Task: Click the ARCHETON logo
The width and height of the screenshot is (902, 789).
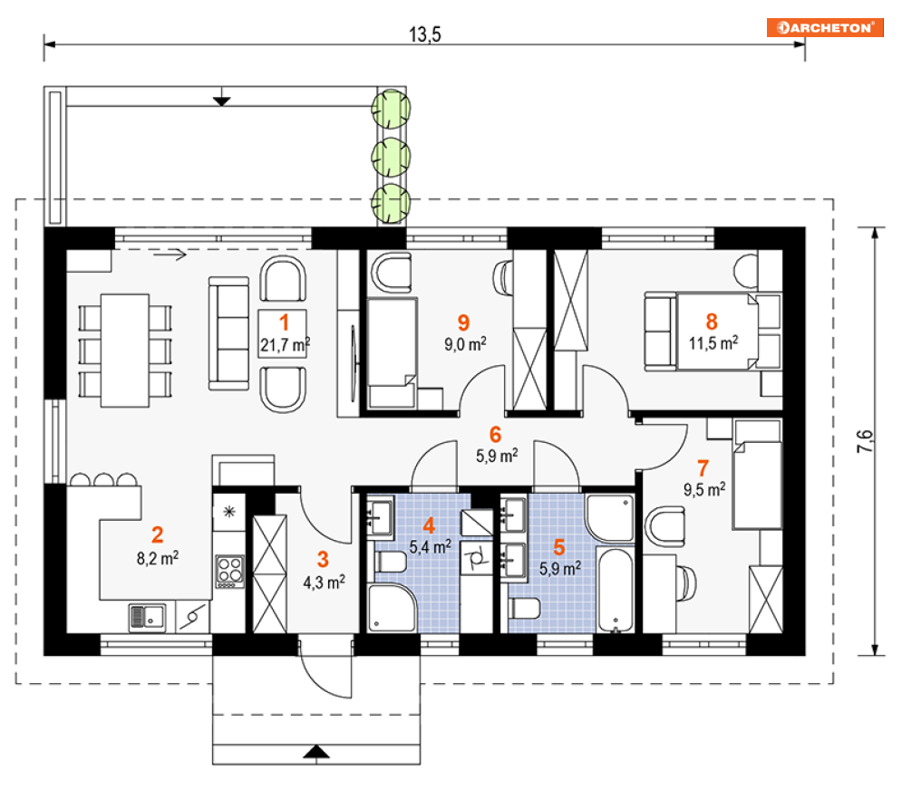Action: [x=825, y=27]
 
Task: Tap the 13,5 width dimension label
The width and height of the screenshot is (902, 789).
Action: [x=424, y=35]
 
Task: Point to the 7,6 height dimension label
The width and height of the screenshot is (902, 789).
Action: [x=865, y=441]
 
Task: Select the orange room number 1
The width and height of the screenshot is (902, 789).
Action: [x=284, y=322]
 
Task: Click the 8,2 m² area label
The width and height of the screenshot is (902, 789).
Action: [x=158, y=558]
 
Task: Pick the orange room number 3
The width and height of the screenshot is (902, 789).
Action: [x=324, y=559]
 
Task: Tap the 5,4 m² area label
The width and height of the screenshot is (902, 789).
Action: [x=431, y=546]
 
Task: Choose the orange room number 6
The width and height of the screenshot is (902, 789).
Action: [x=495, y=435]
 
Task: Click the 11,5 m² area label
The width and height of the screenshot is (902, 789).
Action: [x=713, y=343]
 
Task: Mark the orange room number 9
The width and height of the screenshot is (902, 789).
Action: [x=463, y=322]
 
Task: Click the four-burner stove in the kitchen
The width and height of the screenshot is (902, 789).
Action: [x=229, y=572]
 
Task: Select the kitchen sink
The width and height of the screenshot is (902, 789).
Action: [x=147, y=618]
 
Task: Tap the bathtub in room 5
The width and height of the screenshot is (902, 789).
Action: [x=615, y=590]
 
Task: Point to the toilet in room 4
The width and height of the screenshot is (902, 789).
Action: [x=391, y=562]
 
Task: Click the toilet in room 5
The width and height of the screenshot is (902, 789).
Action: [x=524, y=609]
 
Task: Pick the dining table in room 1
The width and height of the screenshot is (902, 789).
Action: [x=125, y=351]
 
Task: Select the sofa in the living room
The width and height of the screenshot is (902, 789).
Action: [x=228, y=334]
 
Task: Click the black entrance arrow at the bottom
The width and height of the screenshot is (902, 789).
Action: [x=316, y=752]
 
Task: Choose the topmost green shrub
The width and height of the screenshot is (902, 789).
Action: [x=392, y=109]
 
